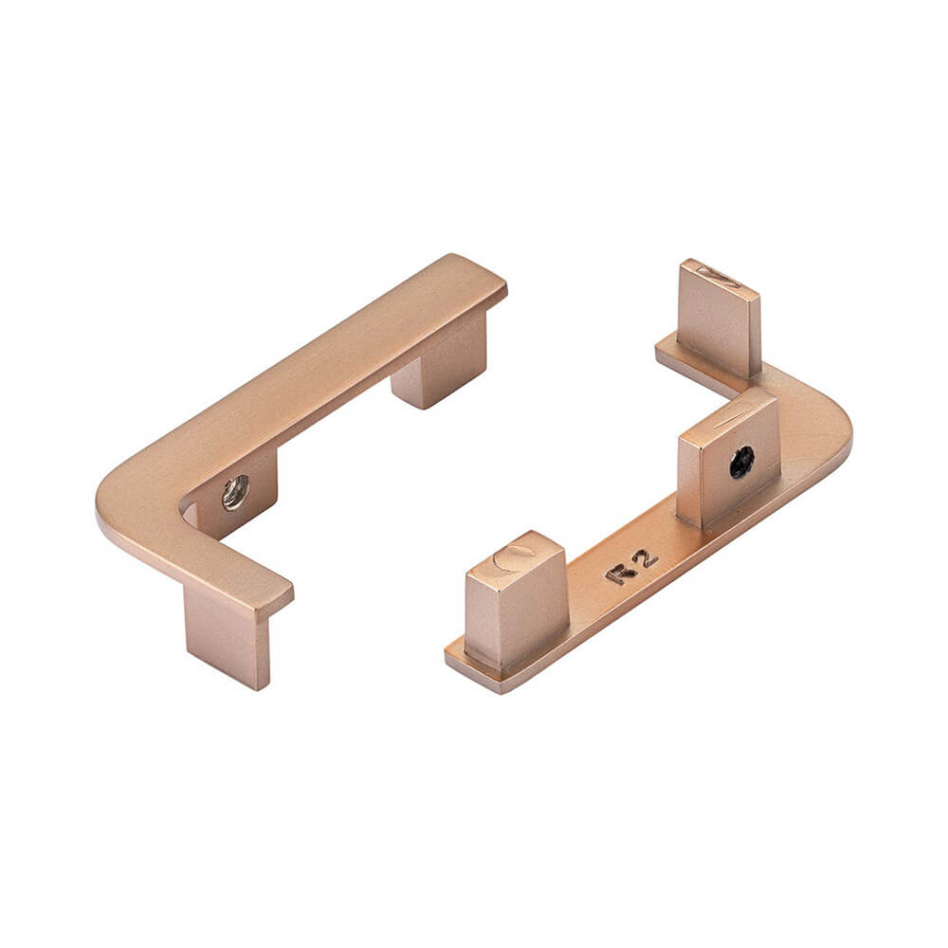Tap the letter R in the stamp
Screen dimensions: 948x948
pyautogui.click(x=621, y=573)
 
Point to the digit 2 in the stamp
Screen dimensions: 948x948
pyautogui.click(x=647, y=559)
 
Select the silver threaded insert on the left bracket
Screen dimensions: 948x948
pyautogui.click(x=234, y=492)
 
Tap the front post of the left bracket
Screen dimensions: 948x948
pyautogui.click(x=228, y=635)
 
